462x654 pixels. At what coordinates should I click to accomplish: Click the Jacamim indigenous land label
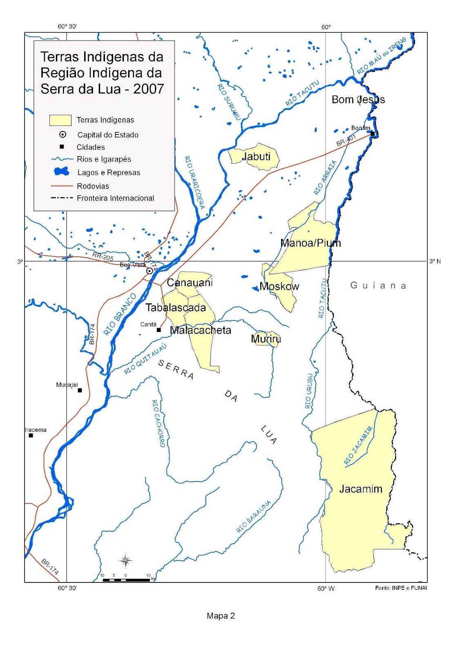coord(361,489)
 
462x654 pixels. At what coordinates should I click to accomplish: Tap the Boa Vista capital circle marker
coord(150,271)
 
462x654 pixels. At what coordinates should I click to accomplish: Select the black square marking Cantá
coord(158,330)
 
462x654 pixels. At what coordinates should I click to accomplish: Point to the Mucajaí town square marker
coord(80,390)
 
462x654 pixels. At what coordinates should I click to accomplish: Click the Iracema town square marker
coord(31,435)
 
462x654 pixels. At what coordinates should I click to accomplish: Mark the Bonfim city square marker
coord(372,133)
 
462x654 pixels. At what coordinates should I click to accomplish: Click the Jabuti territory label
coord(256,157)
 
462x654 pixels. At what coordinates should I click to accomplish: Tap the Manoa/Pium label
coord(310,243)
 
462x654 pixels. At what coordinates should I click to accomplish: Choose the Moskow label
coord(279,287)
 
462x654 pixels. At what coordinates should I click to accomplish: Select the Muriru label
coord(266,339)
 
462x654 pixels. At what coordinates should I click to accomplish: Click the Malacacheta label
coord(201,330)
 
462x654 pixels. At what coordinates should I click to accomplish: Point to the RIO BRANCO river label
coord(120,314)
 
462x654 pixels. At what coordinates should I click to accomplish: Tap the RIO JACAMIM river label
coord(358,446)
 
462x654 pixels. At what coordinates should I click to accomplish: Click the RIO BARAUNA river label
coord(254,517)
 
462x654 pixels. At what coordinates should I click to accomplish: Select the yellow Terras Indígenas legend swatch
coord(60,120)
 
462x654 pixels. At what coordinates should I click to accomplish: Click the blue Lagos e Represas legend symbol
coord(62,172)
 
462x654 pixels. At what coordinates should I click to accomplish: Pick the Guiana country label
coord(378,285)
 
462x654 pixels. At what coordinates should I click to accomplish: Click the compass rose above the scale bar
coord(125,560)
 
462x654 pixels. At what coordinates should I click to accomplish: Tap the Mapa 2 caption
coord(221,616)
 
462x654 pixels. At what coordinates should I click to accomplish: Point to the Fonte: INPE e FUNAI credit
coord(401,588)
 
